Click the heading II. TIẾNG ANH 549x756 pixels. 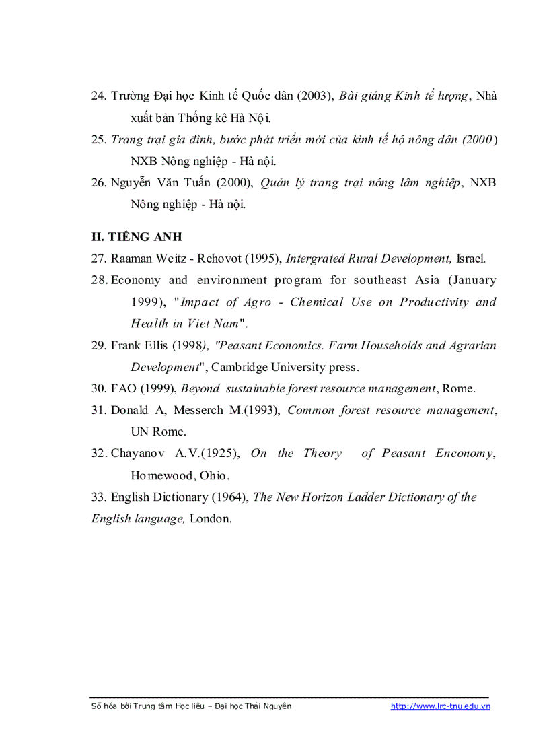tap(137, 237)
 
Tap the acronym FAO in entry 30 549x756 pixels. tap(124, 388)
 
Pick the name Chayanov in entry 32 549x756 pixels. tap(142, 453)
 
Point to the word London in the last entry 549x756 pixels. tap(211, 518)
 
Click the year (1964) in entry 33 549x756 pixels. tap(229, 497)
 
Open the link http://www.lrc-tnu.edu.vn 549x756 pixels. tap(440, 706)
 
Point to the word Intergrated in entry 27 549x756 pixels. tap(318, 259)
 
